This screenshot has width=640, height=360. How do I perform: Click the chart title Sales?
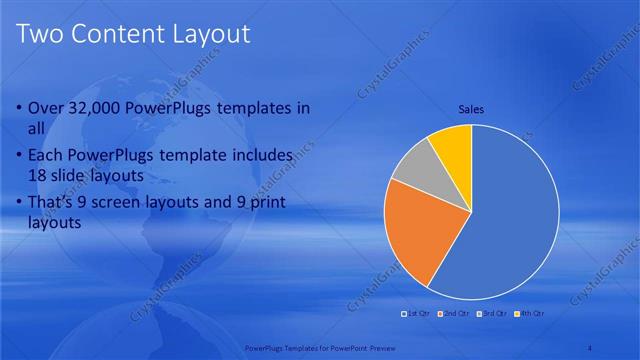[471, 109]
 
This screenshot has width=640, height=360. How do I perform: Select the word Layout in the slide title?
[213, 35]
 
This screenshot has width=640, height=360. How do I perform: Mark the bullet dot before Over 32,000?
[20, 108]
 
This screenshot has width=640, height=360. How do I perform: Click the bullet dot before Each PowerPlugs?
[20, 156]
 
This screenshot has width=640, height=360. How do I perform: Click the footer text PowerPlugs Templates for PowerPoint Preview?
[320, 348]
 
